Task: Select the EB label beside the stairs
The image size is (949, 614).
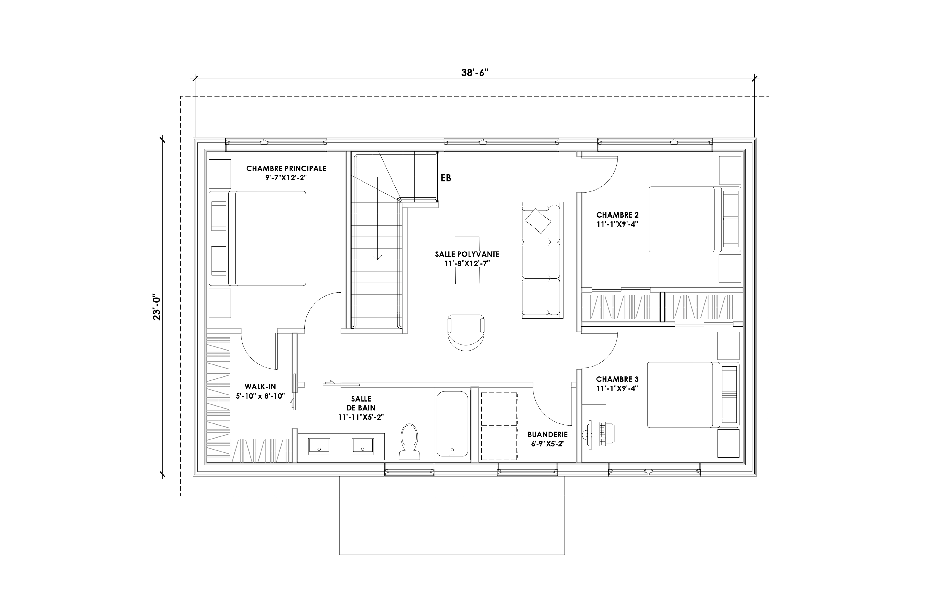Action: click(x=446, y=178)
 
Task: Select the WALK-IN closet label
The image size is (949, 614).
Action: click(x=260, y=386)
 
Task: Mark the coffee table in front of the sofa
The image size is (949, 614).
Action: click(x=467, y=260)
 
